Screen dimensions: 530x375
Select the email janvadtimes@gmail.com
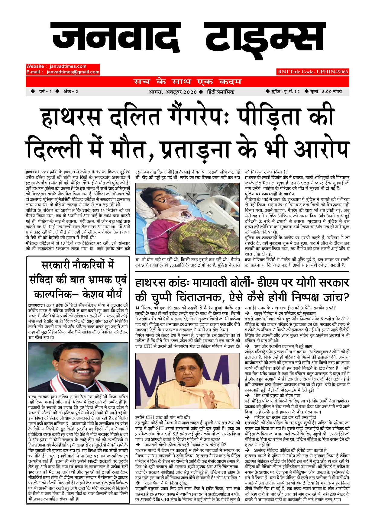click(x=73, y=72)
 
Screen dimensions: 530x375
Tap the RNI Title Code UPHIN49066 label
click(x=313, y=72)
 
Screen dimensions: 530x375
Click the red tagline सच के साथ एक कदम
click(x=187, y=82)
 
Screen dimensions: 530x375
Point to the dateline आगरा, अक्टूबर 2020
click(x=173, y=92)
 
